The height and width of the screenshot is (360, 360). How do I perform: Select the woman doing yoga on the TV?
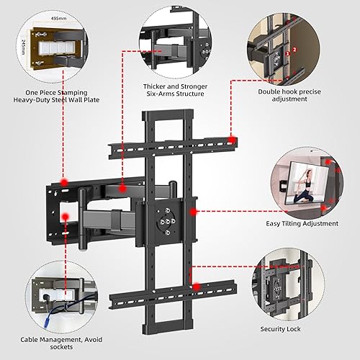tap(302, 188)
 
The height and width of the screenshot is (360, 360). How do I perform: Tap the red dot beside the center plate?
tap(198, 212)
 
